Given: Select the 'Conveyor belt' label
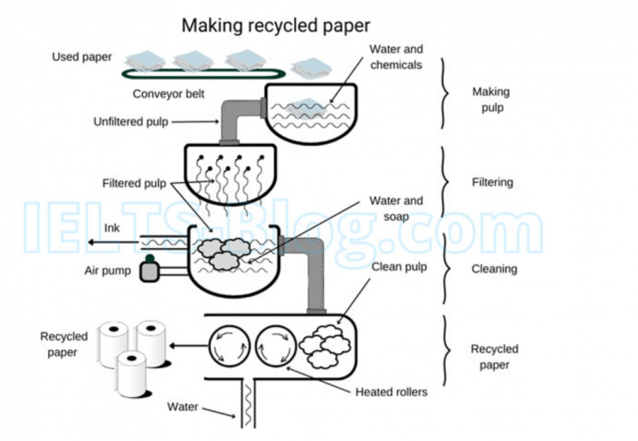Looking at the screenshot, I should click(x=169, y=93).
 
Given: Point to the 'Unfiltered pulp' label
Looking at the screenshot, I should click(x=130, y=121).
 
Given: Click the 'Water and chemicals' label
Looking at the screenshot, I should click(x=396, y=57).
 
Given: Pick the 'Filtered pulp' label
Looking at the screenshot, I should click(x=134, y=183).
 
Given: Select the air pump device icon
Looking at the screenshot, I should click(x=150, y=270).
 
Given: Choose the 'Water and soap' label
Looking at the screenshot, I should click(x=396, y=208).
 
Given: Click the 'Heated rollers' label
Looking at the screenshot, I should click(x=390, y=392).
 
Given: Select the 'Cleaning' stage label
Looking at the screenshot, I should click(x=494, y=269).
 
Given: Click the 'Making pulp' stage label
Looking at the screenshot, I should click(x=490, y=100).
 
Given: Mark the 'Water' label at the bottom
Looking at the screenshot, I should click(x=183, y=407).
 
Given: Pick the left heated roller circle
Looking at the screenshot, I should click(x=228, y=344).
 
